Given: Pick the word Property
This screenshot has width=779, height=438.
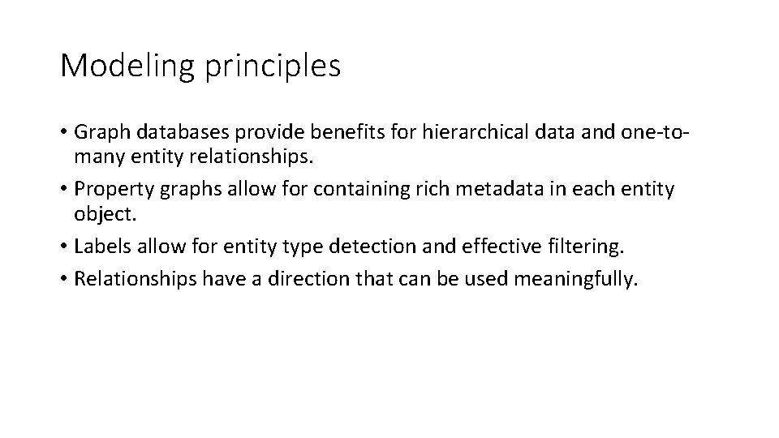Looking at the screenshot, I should [108, 190].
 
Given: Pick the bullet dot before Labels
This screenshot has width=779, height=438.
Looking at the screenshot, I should [64, 247].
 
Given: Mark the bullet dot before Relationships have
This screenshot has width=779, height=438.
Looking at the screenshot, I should [64, 279].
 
